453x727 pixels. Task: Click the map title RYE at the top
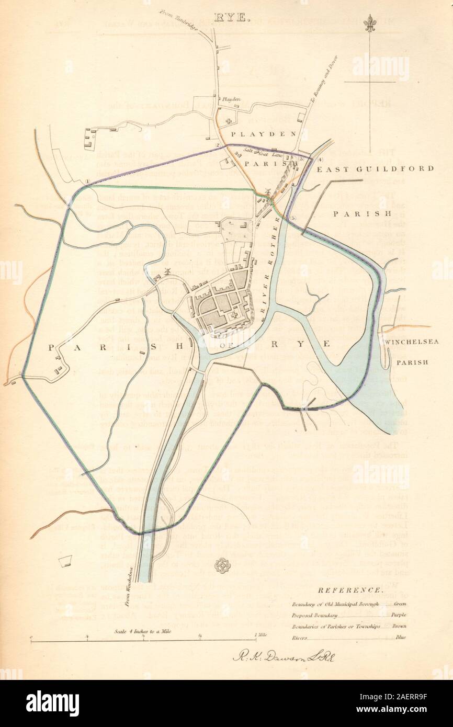[226, 9]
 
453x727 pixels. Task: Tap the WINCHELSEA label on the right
[413, 342]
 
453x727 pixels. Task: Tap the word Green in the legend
[398, 604]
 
